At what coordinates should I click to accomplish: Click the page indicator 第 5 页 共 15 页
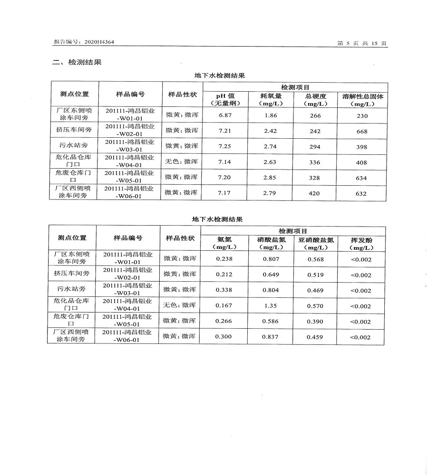[x=362, y=43]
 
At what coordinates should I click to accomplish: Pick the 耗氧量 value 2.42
[x=270, y=131]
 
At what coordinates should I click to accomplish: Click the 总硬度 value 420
[x=314, y=193]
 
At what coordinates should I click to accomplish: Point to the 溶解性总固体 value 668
[x=361, y=131]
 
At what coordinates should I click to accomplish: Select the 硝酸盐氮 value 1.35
[x=270, y=306]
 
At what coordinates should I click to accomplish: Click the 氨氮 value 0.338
[x=224, y=290]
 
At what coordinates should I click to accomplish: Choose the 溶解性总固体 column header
[x=362, y=99]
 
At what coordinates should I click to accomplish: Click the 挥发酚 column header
[x=361, y=244]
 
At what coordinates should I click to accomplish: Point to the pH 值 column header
[x=225, y=99]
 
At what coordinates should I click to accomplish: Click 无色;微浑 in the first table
[x=181, y=162]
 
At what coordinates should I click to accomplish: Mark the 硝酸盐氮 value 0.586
[x=270, y=322]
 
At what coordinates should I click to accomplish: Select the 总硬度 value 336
[x=314, y=162]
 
